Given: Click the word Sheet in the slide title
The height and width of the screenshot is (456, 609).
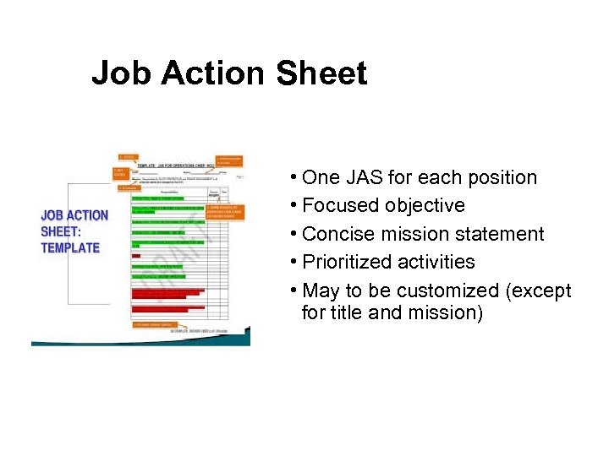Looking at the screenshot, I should pyautogui.click(x=321, y=73).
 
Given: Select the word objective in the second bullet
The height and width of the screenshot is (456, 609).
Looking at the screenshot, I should pyautogui.click(x=425, y=205).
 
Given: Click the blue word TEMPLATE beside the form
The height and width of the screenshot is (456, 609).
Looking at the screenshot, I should pyautogui.click(x=70, y=248).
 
